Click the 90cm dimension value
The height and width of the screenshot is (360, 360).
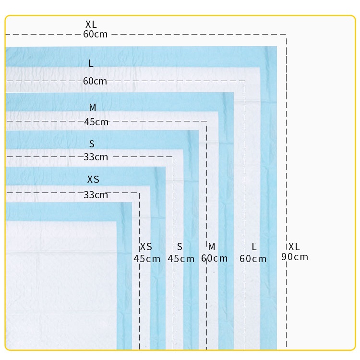(295, 257)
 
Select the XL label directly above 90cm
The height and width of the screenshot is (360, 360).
(294, 247)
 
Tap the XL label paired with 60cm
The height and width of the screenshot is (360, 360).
(91, 24)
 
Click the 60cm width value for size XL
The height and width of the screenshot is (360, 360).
(95, 34)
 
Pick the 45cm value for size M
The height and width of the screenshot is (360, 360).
(96, 122)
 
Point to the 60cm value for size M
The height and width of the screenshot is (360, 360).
(214, 259)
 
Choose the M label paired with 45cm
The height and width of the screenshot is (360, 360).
(93, 108)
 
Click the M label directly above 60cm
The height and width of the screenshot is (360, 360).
(212, 247)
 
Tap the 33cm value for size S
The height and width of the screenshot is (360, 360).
(96, 157)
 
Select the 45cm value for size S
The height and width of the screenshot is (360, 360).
(181, 259)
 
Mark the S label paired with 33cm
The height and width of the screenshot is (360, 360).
(92, 144)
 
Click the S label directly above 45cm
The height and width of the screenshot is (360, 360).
(180, 247)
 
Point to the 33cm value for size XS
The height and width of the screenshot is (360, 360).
(96, 195)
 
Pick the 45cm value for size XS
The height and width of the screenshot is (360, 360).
(147, 259)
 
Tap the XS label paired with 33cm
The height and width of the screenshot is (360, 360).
(93, 180)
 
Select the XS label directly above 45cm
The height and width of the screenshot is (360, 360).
(146, 247)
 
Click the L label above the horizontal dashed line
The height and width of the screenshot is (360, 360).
(91, 63)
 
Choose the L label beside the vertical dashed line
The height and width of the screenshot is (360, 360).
(254, 247)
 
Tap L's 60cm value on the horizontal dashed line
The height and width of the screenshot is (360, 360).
(95, 81)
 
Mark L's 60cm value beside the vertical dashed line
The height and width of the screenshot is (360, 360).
(253, 259)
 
